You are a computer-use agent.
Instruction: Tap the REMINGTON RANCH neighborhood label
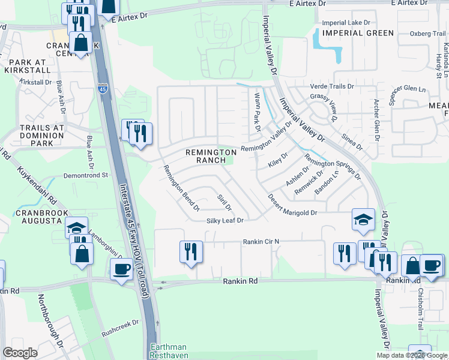[x=211, y=156]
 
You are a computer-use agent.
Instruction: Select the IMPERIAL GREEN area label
[x=357, y=33]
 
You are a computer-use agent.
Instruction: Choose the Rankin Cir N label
[x=261, y=242]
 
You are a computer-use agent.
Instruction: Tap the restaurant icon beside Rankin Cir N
[x=190, y=251]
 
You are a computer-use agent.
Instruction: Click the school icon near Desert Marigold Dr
[x=364, y=220]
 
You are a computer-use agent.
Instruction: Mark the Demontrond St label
[x=86, y=176]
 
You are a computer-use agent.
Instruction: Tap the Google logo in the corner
[x=20, y=352]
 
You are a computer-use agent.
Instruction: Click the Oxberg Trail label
[x=427, y=34]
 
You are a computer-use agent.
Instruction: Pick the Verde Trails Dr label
[x=328, y=86]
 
